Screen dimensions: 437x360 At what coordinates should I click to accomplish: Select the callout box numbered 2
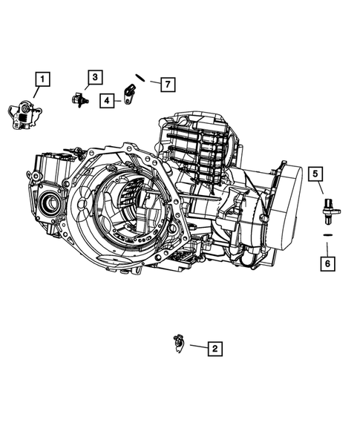pyautogui.click(x=214, y=347)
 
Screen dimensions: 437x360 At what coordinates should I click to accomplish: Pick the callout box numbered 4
pyautogui.click(x=108, y=99)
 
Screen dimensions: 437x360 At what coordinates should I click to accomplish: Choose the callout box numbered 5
pyautogui.click(x=315, y=174)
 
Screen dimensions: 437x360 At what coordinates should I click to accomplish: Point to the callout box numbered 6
pyautogui.click(x=325, y=262)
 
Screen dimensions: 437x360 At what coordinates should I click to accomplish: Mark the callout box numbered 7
pyautogui.click(x=168, y=84)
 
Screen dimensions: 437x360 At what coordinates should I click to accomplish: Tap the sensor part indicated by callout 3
pyautogui.click(x=79, y=99)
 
